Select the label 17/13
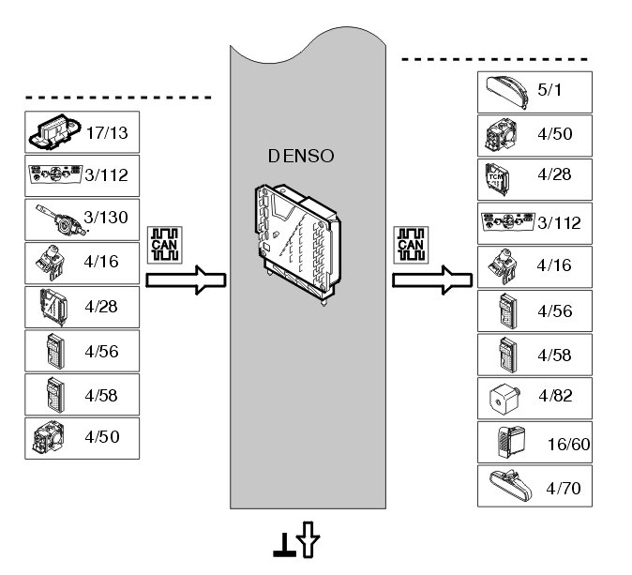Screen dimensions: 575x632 click(107, 132)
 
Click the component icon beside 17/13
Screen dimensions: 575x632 click(52, 132)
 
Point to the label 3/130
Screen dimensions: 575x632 click(106, 218)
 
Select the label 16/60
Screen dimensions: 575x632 click(567, 444)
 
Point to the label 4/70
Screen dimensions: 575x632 click(563, 488)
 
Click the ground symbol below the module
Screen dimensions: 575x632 click(281, 542)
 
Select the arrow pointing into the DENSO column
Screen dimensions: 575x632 click(188, 280)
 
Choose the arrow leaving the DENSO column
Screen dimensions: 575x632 click(432, 280)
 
